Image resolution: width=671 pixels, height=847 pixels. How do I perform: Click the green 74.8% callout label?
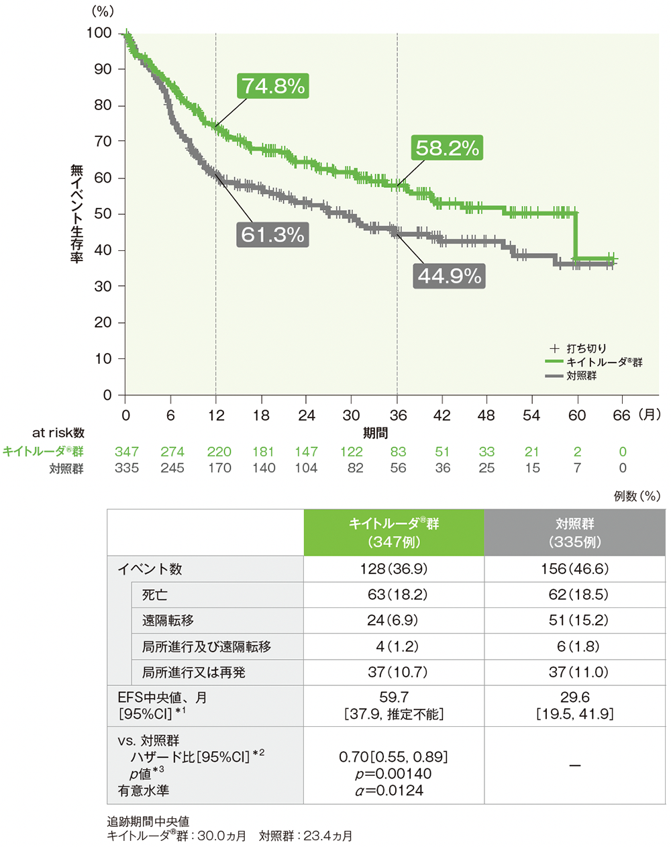[273, 86]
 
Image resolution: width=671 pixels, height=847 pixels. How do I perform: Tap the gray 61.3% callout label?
[272, 235]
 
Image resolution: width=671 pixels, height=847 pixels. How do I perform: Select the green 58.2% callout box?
[448, 148]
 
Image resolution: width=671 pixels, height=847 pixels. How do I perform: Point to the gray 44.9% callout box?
[450, 276]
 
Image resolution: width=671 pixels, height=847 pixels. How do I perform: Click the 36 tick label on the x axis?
[397, 415]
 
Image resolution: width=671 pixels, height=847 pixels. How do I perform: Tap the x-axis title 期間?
[375, 433]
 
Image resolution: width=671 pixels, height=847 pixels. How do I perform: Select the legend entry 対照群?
[581, 376]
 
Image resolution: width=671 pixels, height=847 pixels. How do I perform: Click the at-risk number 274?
[172, 452]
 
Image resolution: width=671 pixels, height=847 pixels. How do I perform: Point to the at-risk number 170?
[219, 468]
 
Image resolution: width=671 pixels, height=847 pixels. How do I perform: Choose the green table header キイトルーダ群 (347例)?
[394, 532]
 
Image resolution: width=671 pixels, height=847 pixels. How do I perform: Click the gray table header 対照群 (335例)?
[574, 532]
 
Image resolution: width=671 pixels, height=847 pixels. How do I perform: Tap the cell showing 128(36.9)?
[394, 569]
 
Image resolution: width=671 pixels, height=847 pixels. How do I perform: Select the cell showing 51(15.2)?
[574, 621]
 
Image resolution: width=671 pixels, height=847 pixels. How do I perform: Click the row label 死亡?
[154, 595]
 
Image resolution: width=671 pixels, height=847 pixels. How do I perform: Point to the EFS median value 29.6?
[574, 698]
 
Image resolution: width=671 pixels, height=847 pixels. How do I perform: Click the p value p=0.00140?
[394, 774]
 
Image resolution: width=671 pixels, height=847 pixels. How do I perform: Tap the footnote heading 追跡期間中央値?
[148, 821]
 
